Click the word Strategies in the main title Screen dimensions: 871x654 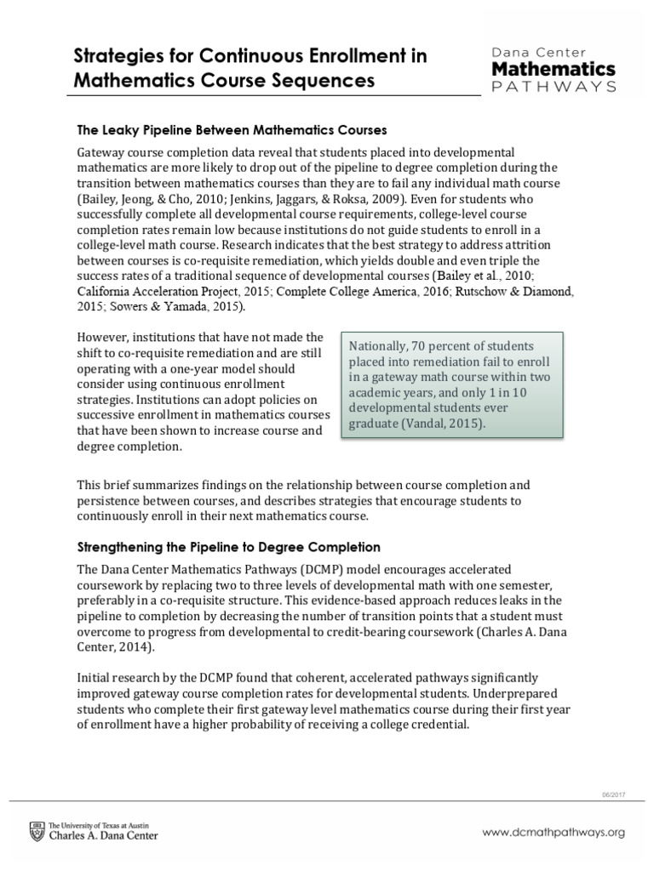tap(114, 56)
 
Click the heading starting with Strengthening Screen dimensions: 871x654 tap(228, 546)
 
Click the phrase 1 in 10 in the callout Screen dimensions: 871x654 tap(511, 392)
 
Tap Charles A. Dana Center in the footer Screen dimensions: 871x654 tap(105, 837)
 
